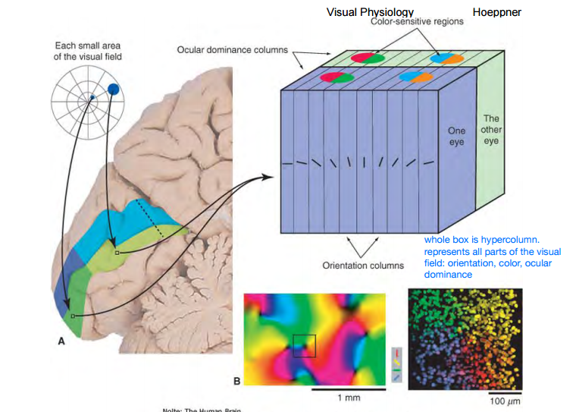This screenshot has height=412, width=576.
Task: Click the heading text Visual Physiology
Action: click(x=370, y=12)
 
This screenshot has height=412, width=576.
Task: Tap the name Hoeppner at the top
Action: click(x=496, y=12)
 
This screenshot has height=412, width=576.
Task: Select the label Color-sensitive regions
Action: click(x=417, y=22)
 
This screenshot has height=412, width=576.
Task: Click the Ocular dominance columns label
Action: click(x=233, y=50)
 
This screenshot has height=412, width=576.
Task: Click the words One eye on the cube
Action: click(x=456, y=137)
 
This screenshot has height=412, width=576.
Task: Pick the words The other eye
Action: click(x=491, y=130)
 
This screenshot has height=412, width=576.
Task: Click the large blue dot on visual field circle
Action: click(x=114, y=90)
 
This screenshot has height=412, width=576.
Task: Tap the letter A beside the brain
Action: click(x=62, y=342)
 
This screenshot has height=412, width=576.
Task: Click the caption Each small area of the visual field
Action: click(x=88, y=52)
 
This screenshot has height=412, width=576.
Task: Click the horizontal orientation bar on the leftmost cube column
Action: click(x=287, y=163)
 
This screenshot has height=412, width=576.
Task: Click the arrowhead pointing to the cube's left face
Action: click(x=269, y=177)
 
